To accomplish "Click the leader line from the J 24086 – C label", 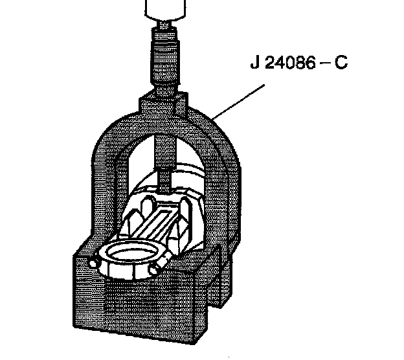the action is click(x=239, y=97).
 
